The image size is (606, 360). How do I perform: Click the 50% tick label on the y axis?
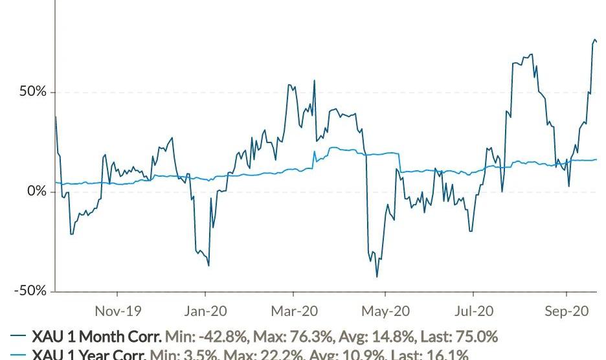(32, 92)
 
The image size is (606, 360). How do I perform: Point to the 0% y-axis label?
(36, 192)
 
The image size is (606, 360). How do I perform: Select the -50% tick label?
(30, 291)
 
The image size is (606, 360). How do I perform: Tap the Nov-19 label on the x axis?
(118, 311)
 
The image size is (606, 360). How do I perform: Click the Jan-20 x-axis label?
(205, 311)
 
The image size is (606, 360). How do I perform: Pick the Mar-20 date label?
(295, 311)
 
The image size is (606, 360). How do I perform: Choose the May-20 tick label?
(386, 311)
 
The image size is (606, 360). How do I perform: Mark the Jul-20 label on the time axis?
(474, 311)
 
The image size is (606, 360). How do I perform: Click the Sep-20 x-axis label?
(567, 311)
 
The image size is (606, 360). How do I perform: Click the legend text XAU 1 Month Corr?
(96, 337)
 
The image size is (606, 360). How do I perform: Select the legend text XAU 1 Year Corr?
(89, 355)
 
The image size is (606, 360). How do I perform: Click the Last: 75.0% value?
(459, 337)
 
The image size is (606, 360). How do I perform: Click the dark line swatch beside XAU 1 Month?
(18, 337)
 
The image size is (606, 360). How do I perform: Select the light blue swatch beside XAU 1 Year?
(18, 355)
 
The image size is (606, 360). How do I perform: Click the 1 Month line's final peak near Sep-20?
(594, 40)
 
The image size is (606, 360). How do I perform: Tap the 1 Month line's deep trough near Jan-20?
(208, 265)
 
